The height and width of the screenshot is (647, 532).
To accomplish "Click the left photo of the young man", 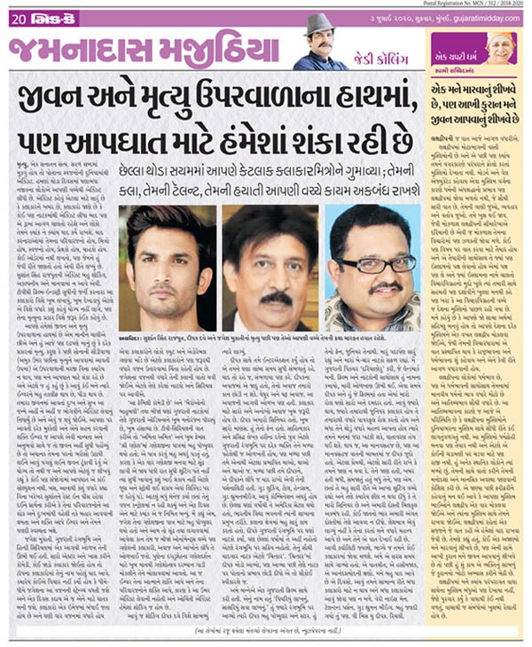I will [166, 268].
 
